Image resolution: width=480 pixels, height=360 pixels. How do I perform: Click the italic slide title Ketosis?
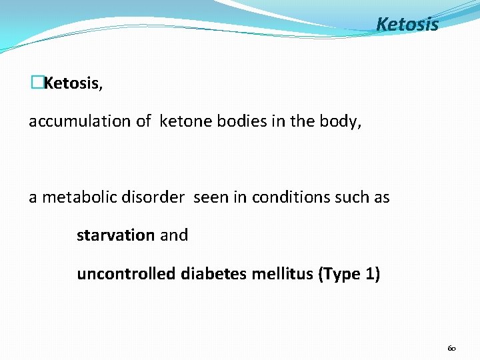(407, 25)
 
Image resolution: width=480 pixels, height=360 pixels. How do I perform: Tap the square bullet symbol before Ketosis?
(37, 83)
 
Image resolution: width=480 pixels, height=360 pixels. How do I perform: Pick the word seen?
(209, 198)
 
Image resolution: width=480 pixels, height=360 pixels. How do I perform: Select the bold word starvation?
(115, 235)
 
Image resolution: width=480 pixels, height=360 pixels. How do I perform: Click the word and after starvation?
(173, 235)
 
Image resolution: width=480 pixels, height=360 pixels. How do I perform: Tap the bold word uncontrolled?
(127, 274)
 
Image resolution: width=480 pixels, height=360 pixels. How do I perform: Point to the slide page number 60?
(451, 348)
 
